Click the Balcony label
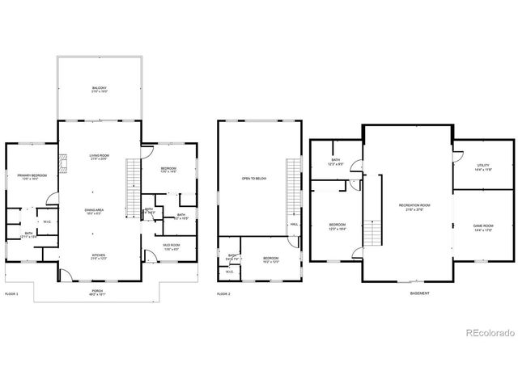[99, 87]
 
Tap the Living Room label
[99, 156]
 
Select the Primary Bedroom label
[32, 175]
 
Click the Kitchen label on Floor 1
[99, 257]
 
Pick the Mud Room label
[171, 246]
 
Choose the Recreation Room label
[414, 206]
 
